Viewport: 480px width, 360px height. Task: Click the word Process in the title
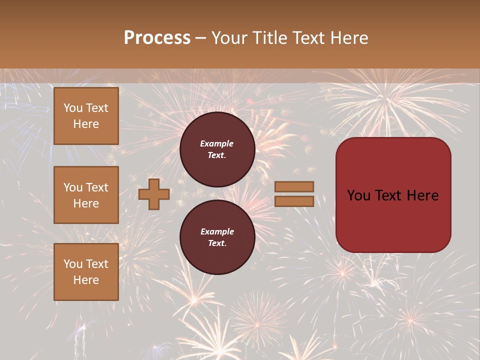tap(157, 38)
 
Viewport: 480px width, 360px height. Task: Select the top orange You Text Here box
tap(86, 116)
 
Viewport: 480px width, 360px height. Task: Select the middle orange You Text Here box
tap(86, 195)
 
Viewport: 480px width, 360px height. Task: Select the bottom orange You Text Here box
tap(86, 272)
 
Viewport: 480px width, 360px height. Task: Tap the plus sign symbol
tap(154, 194)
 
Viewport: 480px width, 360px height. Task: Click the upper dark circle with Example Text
tap(217, 149)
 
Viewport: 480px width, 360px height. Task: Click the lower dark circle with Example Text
tap(217, 237)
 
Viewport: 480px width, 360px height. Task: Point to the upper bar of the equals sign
tap(294, 186)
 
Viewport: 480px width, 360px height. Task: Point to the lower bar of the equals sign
tap(294, 201)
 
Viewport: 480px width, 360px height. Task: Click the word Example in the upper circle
tap(216, 143)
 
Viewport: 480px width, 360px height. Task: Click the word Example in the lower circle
tap(217, 231)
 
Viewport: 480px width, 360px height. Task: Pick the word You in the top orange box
tap(73, 108)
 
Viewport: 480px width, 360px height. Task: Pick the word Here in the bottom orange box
tap(86, 280)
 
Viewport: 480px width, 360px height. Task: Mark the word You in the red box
tap(358, 195)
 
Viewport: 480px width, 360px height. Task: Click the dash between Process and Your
tap(201, 38)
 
